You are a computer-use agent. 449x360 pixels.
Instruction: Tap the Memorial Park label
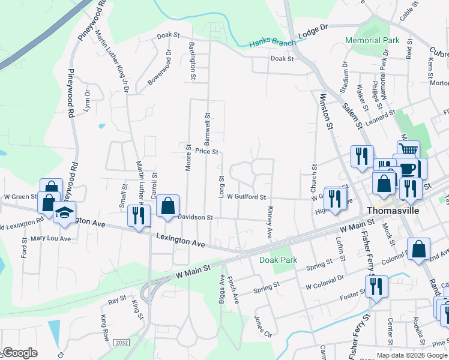point(372,40)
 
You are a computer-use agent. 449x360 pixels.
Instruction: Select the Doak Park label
point(278,260)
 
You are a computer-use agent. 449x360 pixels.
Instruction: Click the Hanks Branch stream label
point(273,43)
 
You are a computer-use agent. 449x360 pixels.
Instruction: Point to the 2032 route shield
point(121,342)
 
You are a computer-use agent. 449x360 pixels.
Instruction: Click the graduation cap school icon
point(64,212)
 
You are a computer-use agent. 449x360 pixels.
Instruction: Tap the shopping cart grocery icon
point(408,149)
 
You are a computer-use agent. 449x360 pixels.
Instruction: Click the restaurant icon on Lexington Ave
point(139,215)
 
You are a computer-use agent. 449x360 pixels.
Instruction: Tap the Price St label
point(206,152)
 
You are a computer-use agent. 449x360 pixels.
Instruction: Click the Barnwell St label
point(206,125)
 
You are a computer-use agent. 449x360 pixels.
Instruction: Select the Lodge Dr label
point(313,29)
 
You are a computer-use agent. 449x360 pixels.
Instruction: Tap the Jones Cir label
point(259,325)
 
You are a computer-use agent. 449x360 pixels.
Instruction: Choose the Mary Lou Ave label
point(50,238)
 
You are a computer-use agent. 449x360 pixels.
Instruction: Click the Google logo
point(20,353)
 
